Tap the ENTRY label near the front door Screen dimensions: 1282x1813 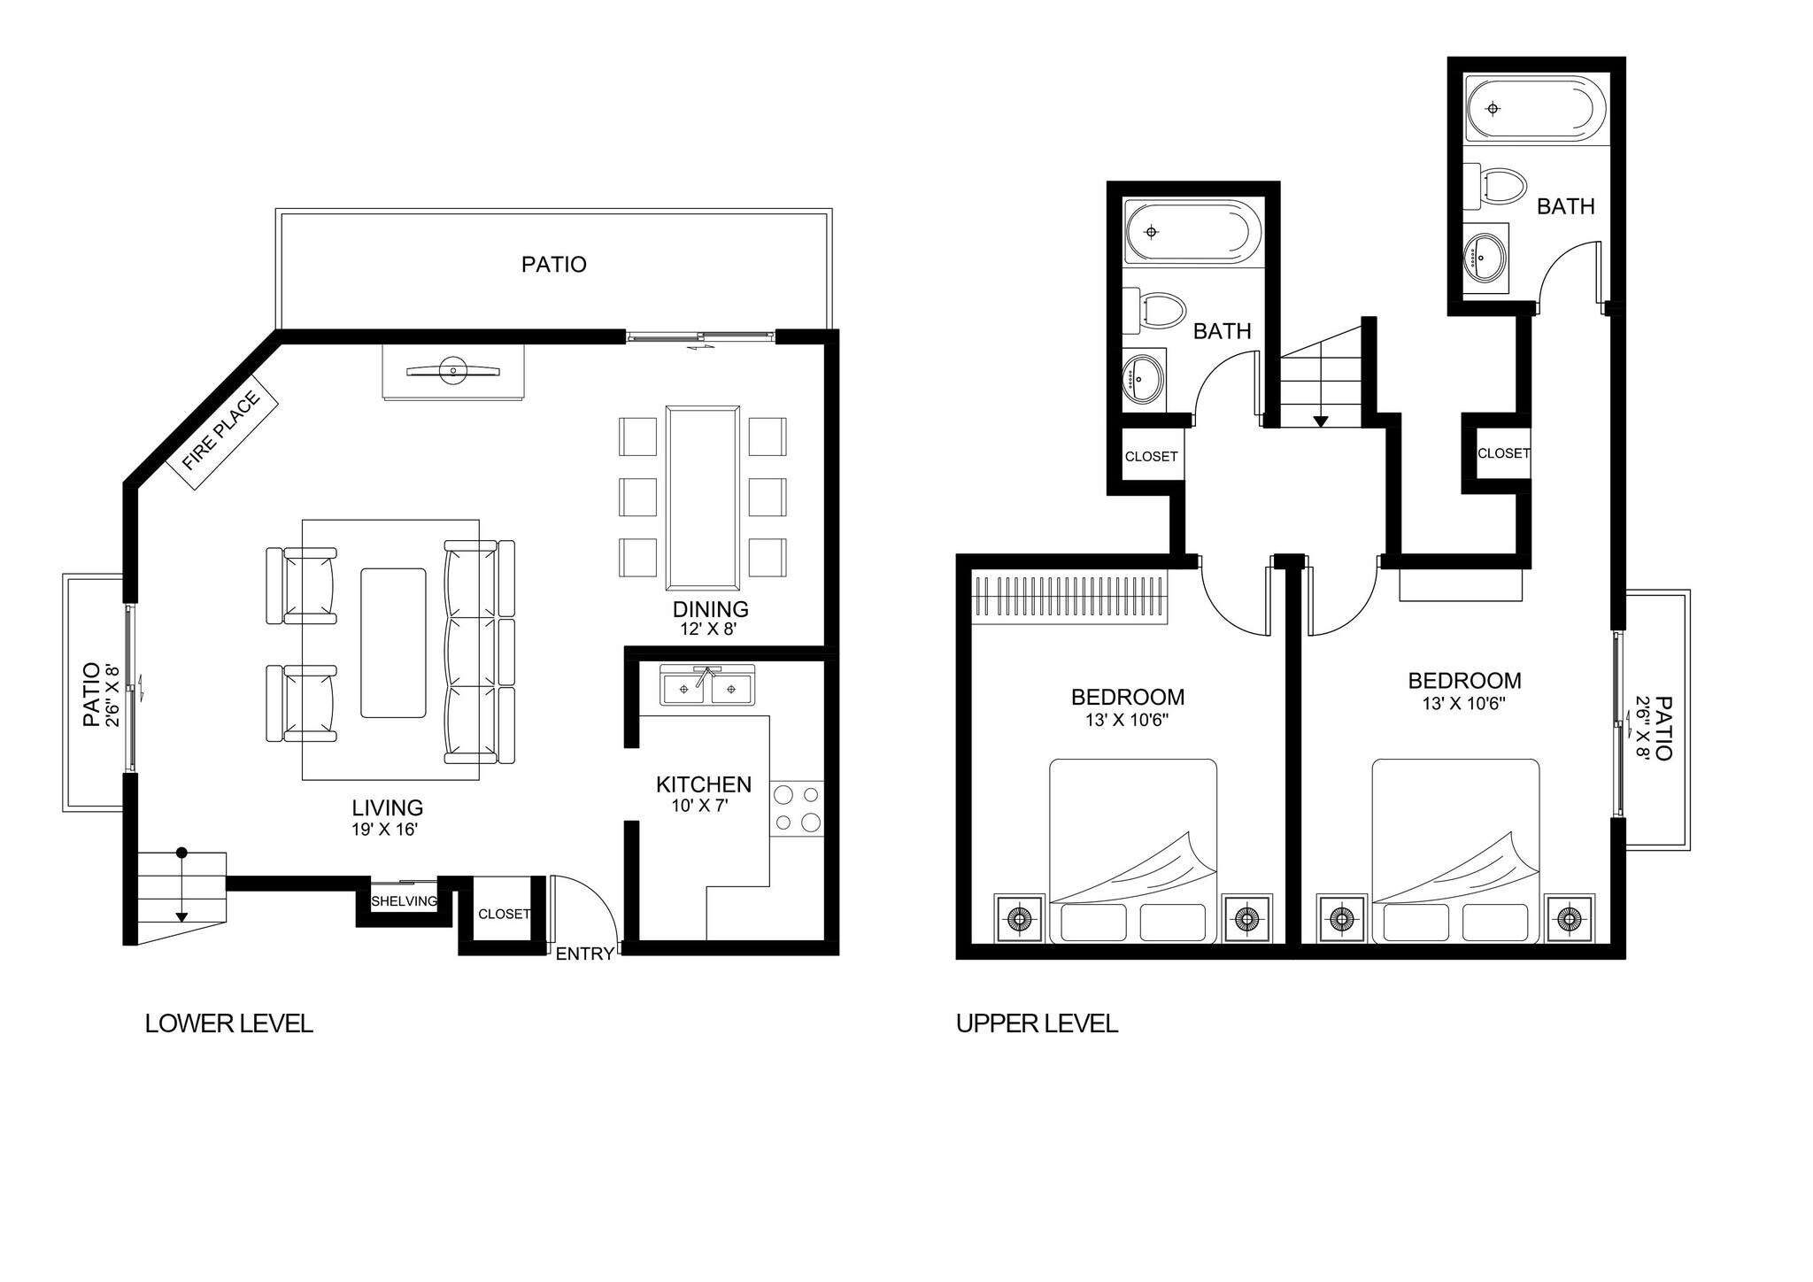point(584,954)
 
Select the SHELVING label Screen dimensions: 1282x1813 point(404,901)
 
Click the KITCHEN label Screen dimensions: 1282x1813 point(704,784)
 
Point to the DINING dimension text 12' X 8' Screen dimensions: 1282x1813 point(708,629)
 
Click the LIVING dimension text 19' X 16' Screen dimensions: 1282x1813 point(384,830)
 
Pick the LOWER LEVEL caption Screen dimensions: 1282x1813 point(229,1024)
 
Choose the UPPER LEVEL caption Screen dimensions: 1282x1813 point(1037,1024)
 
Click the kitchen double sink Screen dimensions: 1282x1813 point(707,688)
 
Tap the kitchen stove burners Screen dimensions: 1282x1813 point(797,808)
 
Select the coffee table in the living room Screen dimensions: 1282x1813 point(393,643)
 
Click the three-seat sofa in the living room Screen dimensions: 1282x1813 point(479,653)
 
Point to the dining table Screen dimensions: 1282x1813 point(703,498)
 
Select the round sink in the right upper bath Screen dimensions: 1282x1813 point(1485,259)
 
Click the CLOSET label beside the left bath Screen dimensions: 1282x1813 point(1151,457)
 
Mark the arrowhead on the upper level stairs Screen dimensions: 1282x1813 point(1321,421)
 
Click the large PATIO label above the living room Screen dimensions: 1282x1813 point(553,265)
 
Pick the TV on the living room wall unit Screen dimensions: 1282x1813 point(452,371)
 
